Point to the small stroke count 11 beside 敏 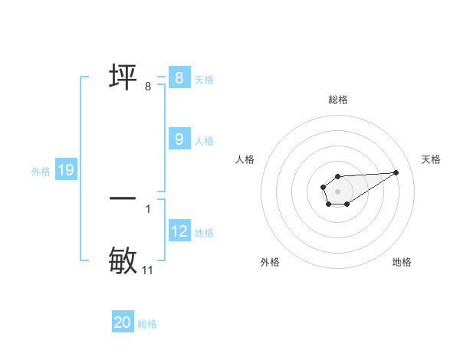point(148,270)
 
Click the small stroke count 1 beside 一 point(148,208)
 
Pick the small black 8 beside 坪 point(148,87)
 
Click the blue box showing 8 point(179,77)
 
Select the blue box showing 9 point(179,139)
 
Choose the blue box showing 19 point(65,170)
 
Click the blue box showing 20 point(123,322)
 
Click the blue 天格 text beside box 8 point(204,80)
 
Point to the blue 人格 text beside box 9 point(204,141)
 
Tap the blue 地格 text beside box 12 point(204,233)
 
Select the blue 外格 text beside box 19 point(41,172)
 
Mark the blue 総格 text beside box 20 point(147,325)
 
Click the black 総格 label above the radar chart point(338,100)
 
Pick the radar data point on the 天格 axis point(396,172)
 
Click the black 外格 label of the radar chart point(270,262)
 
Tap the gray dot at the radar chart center point(338,191)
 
